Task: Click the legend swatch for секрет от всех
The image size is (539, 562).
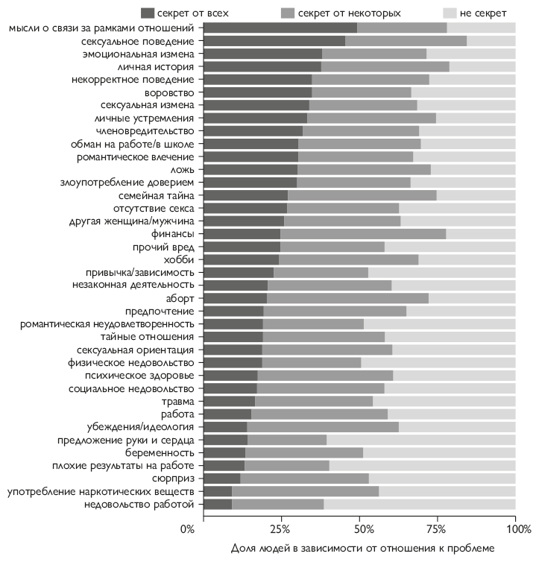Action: [x=148, y=13]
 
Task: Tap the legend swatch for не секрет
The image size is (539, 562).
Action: [x=450, y=13]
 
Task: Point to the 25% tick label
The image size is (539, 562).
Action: [x=280, y=529]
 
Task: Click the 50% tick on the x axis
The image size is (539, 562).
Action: [x=359, y=529]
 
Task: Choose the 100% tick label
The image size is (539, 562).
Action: [x=516, y=529]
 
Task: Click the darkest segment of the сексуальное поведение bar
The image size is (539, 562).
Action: [x=274, y=41]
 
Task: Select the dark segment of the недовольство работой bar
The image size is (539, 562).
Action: [x=217, y=505]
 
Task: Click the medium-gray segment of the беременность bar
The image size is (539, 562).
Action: [x=303, y=453]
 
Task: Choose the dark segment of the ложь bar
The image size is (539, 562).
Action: [x=250, y=169]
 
